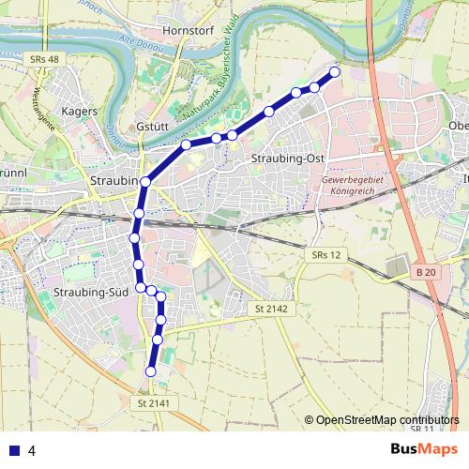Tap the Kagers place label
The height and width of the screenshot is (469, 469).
point(79,111)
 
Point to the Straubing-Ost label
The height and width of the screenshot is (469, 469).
point(287,159)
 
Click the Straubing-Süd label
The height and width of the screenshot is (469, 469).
point(91,294)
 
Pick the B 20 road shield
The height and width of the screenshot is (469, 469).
point(425,272)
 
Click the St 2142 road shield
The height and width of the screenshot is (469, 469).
point(270,308)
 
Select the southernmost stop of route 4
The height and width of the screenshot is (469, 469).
point(151,372)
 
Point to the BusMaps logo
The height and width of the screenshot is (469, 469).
point(424,449)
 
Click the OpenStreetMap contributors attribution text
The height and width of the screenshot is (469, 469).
point(386,419)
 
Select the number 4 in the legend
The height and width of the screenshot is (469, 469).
point(32,450)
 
